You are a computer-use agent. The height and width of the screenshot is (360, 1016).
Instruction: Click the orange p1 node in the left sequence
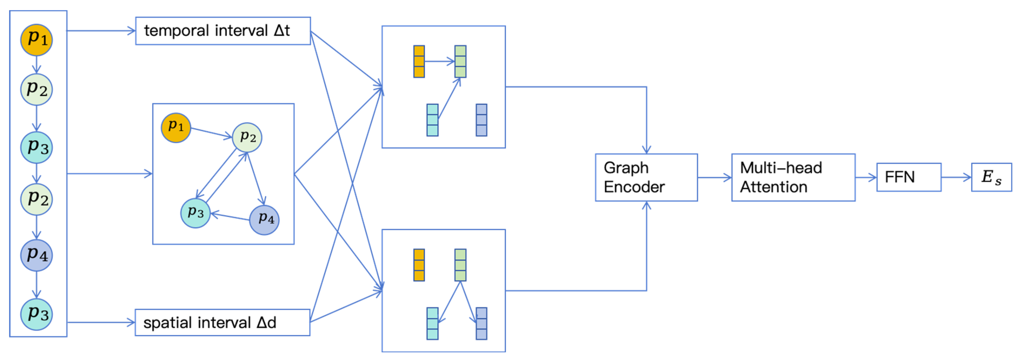(x=36, y=40)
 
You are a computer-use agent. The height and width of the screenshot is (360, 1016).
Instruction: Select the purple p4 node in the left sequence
(x=36, y=255)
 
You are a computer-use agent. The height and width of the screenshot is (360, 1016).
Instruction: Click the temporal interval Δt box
(x=223, y=31)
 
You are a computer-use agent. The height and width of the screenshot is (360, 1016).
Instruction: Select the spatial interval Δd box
(x=222, y=322)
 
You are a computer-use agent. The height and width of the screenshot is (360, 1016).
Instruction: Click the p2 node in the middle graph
(x=247, y=137)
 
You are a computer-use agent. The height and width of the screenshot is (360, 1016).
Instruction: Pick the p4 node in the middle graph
(x=264, y=220)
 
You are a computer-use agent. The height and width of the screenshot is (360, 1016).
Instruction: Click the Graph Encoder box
(x=646, y=177)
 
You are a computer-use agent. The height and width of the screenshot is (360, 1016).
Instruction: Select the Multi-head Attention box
(x=793, y=177)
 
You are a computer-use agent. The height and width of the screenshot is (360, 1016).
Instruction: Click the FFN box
(x=909, y=177)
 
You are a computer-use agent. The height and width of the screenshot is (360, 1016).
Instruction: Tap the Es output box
(x=991, y=177)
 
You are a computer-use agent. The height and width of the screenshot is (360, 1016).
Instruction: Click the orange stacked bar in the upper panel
(x=419, y=61)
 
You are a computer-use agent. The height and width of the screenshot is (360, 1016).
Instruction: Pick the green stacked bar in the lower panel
(x=460, y=265)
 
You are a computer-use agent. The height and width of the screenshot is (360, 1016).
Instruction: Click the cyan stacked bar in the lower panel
(x=432, y=324)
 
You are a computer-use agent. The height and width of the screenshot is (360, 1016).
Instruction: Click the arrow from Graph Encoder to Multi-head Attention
(x=714, y=177)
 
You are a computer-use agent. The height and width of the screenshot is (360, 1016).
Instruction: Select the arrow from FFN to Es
(x=956, y=177)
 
